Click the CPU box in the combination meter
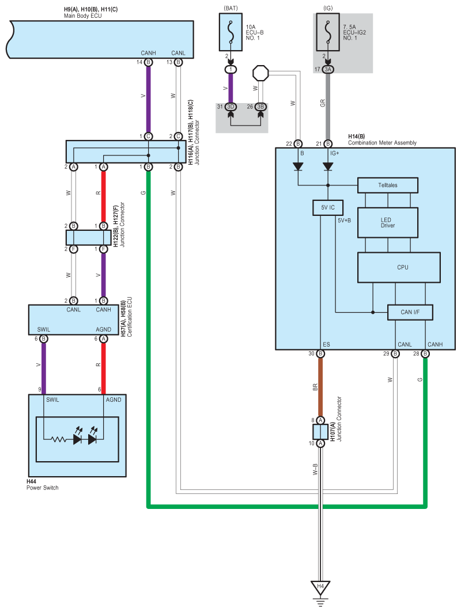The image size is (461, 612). [399, 267]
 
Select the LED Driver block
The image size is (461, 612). [388, 222]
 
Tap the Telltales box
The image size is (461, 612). [388, 185]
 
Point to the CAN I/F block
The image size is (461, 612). [410, 312]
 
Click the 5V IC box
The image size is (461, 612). [328, 208]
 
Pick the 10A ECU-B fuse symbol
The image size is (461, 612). [231, 32]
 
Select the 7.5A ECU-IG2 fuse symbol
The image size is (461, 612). [328, 32]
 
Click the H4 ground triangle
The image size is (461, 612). [320, 587]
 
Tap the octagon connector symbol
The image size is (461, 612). [260, 73]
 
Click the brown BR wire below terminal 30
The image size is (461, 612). [320, 387]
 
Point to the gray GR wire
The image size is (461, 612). [328, 107]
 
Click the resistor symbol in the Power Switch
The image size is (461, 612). [59, 439]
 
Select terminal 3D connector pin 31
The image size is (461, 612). [231, 107]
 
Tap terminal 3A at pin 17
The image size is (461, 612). [328, 70]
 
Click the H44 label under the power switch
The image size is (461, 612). [31, 482]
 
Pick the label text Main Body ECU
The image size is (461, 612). [83, 16]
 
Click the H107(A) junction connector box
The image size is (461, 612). [320, 432]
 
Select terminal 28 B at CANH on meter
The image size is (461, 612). [425, 353]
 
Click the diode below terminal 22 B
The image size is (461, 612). [298, 166]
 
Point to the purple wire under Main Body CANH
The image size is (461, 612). [149, 99]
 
